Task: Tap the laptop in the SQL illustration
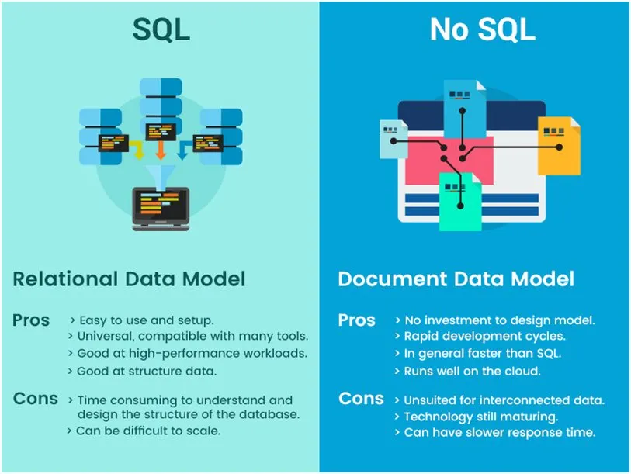[161, 207]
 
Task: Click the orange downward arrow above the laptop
[161, 147]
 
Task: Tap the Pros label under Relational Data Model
[31, 320]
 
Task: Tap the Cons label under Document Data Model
[361, 399]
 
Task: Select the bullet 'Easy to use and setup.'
[146, 320]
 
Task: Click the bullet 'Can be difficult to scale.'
[147, 431]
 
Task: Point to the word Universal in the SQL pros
[105, 337]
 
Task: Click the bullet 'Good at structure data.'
[146, 371]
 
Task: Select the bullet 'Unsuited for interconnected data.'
[503, 400]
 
